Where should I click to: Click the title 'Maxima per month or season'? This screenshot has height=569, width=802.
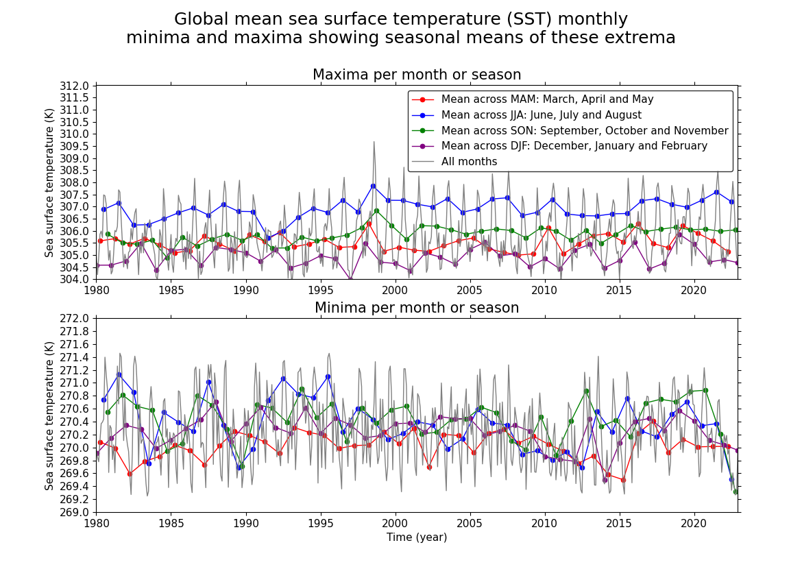pos(417,75)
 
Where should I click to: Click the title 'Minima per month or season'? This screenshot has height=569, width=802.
pos(417,308)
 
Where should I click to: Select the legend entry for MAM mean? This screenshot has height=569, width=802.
pos(547,99)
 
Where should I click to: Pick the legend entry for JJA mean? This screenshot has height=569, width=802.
pos(541,115)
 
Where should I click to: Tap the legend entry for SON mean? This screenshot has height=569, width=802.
pos(584,131)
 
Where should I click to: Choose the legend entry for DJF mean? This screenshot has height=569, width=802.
pos(574,146)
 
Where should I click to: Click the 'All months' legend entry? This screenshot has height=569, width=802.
pos(469,162)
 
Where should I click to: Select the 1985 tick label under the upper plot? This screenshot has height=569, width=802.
pos(171,291)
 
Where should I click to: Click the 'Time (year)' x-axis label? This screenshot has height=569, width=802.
pos(417,537)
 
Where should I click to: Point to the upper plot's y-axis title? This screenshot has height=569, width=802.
pos(49,182)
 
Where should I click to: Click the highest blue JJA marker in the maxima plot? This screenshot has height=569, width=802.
pos(373,186)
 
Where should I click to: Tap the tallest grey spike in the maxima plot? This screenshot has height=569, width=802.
pos(374,142)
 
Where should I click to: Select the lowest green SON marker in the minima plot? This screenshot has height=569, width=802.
pos(736,492)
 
